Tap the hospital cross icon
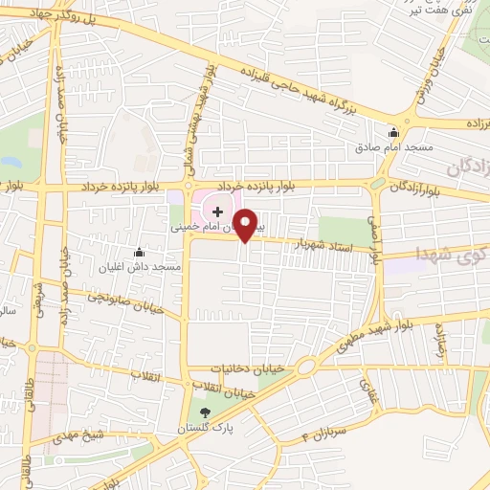(217, 210)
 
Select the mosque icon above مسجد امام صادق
(393, 132)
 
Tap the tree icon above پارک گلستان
(203, 412)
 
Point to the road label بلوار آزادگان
(424, 186)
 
